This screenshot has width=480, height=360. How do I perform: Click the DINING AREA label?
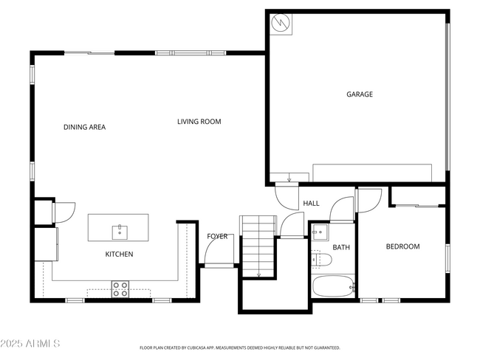click(x=84, y=127)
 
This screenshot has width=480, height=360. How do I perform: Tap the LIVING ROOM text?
click(x=199, y=122)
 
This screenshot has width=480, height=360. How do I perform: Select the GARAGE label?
click(x=360, y=94)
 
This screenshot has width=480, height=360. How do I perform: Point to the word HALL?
click(x=311, y=203)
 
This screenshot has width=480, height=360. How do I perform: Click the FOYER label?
click(x=217, y=236)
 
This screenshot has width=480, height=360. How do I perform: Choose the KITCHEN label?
click(x=118, y=255)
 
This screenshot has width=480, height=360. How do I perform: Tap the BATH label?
click(x=340, y=247)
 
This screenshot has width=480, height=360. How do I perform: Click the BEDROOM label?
click(x=402, y=246)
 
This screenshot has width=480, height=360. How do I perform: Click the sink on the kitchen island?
click(x=119, y=232)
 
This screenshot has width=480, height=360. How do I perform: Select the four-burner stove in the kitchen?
click(x=120, y=288)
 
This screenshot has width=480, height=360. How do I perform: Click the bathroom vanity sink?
click(x=319, y=234)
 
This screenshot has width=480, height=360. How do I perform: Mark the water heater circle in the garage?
click(x=281, y=24)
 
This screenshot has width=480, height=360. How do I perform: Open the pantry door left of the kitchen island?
click(x=63, y=212)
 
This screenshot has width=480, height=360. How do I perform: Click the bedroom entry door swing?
click(x=368, y=201)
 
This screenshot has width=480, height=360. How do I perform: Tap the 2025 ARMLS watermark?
click(x=30, y=344)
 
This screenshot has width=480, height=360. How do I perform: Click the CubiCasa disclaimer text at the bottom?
click(x=239, y=347)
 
